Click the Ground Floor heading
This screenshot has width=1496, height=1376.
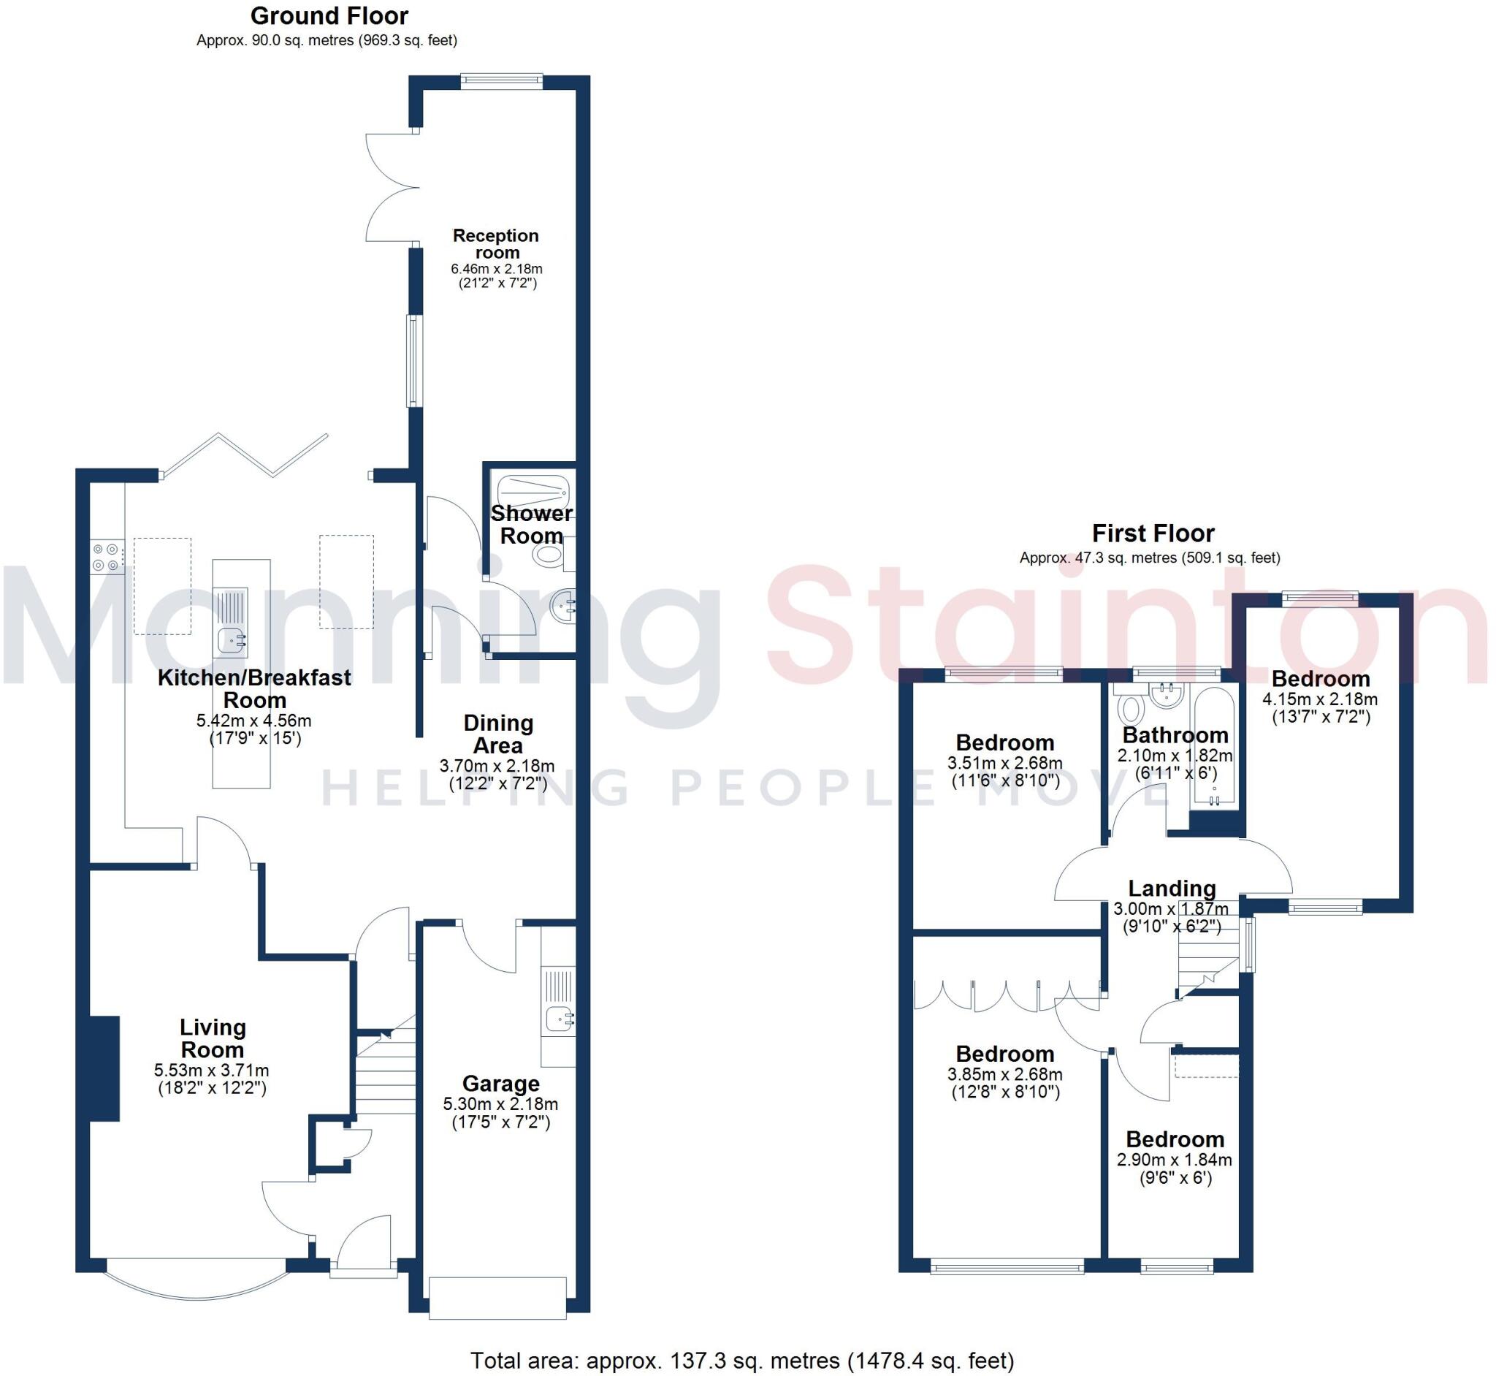[x=328, y=16]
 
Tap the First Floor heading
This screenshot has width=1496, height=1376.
[x=1152, y=533]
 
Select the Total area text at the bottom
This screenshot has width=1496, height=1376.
[x=741, y=1361]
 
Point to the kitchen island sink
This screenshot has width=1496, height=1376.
[x=232, y=640]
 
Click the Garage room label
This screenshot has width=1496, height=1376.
[x=500, y=1084]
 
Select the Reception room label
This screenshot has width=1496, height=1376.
[x=496, y=244]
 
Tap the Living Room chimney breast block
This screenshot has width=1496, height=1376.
[x=104, y=1068]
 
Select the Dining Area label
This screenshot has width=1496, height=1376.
[x=498, y=734]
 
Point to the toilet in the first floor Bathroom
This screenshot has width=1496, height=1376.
[x=1131, y=708]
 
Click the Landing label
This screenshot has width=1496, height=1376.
[x=1172, y=889]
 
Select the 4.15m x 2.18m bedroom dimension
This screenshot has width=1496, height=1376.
[x=1320, y=699]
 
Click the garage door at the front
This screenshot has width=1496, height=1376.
[x=497, y=1298]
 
